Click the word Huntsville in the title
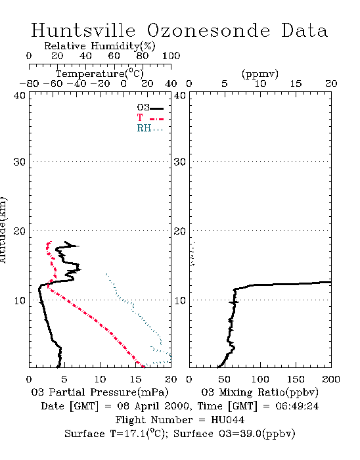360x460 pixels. (x=83, y=30)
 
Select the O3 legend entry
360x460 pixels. (x=150, y=108)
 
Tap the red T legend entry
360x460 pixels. (x=150, y=118)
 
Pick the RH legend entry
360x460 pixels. (x=150, y=128)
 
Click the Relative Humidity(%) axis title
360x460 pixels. (x=100, y=46)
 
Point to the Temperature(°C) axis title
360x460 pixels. (x=100, y=74)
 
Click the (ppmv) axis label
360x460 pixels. (x=260, y=74)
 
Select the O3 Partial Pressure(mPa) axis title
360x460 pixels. (x=100, y=392)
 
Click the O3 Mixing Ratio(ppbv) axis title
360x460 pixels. (x=259, y=392)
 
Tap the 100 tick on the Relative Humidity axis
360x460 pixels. (x=171, y=55)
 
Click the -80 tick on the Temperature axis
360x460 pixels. (x=29, y=83)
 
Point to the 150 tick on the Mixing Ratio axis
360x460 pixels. (x=296, y=379)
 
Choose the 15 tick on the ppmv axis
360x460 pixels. (x=296, y=83)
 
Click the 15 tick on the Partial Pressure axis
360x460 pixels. (x=135, y=379)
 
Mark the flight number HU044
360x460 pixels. (x=228, y=420)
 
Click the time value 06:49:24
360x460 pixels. (x=297, y=406)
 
